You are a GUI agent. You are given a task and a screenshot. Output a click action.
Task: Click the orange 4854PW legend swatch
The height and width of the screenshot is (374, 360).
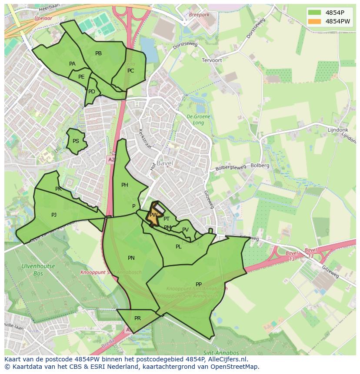(x=315, y=21)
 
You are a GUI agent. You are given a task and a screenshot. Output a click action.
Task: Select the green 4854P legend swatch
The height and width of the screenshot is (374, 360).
(x=315, y=13)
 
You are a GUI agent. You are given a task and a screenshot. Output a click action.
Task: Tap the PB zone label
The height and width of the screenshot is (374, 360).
(x=98, y=53)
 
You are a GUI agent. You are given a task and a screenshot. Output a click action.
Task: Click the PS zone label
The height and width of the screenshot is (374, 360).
(x=76, y=141)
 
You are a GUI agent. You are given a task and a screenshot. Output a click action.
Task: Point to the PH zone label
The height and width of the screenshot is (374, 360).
(x=125, y=185)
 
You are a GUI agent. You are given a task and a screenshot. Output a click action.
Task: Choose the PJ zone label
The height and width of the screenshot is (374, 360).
(x=54, y=215)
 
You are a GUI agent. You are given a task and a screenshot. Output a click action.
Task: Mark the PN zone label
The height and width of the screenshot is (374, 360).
(x=131, y=258)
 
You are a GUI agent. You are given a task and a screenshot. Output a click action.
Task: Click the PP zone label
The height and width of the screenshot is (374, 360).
(x=199, y=285)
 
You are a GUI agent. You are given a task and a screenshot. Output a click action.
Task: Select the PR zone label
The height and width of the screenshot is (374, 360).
(x=137, y=318)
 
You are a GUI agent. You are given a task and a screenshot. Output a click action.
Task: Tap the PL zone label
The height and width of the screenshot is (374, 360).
(x=178, y=247)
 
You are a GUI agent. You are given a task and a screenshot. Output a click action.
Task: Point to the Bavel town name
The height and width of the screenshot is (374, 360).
(x=165, y=163)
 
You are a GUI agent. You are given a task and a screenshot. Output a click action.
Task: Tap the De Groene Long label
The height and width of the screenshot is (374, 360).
(x=198, y=119)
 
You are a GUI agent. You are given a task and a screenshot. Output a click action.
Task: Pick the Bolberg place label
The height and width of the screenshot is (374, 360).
(x=260, y=165)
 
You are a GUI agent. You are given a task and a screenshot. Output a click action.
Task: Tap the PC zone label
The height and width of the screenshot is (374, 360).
(x=130, y=71)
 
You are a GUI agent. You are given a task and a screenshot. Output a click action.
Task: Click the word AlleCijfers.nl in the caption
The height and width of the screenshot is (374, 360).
(x=227, y=359)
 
